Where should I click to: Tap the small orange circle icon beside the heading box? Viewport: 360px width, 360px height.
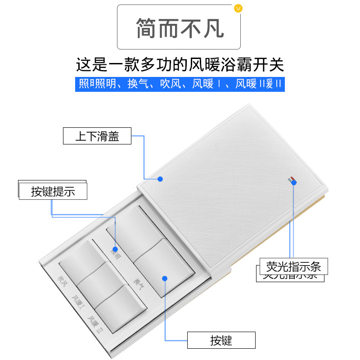point(238,8)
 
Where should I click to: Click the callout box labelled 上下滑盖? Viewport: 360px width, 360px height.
point(97,136)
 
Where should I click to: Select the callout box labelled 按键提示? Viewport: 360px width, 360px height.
point(53,191)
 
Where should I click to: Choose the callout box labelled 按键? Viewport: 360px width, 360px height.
point(221,340)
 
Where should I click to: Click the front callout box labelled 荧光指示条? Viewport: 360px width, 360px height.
point(294,266)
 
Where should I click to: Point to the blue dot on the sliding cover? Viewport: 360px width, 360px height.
point(160,179)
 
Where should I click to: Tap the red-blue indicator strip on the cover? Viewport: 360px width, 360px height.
point(292,180)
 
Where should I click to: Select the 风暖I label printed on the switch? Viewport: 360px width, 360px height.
point(78,302)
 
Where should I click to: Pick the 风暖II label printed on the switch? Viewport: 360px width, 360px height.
point(95,324)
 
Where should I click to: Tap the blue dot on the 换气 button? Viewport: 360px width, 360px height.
point(165,278)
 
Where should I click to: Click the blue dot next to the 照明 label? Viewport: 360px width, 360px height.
point(115,249)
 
